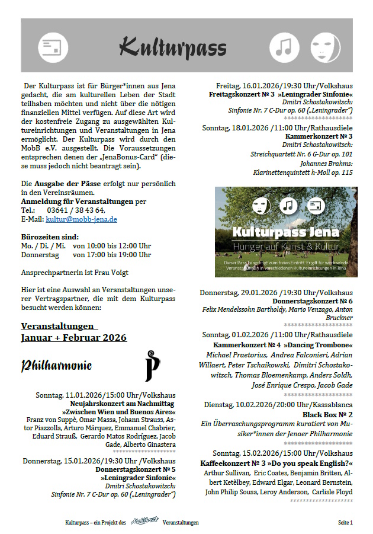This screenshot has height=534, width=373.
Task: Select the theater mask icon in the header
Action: pos(321,46)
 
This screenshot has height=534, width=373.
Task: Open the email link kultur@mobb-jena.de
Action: pos(81,219)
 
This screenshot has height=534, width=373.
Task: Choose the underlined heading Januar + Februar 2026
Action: pos(73,338)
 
